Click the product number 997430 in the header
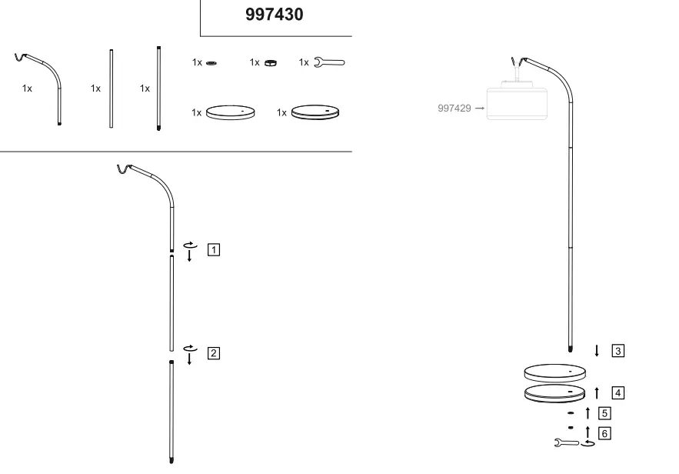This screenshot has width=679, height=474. pyautogui.click(x=274, y=15)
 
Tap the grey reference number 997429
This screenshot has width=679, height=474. pyautogui.click(x=454, y=108)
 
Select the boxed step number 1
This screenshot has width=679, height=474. pyautogui.click(x=214, y=249)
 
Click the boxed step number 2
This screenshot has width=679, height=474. pyautogui.click(x=214, y=353)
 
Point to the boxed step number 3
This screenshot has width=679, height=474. pyautogui.click(x=618, y=351)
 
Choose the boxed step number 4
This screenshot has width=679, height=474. pyautogui.click(x=618, y=392)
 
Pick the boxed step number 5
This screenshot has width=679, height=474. pyautogui.click(x=604, y=412)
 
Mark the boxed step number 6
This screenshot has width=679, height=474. pyautogui.click(x=604, y=433)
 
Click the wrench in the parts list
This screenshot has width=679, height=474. pyautogui.click(x=330, y=62)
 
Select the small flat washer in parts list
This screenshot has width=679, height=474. pyautogui.click(x=211, y=63)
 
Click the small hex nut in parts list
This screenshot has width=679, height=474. pyautogui.click(x=270, y=63)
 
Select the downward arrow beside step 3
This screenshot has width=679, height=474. pyautogui.click(x=597, y=351)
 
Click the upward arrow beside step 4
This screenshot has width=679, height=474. pyautogui.click(x=597, y=392)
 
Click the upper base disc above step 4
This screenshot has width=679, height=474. pyautogui.click(x=554, y=373)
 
